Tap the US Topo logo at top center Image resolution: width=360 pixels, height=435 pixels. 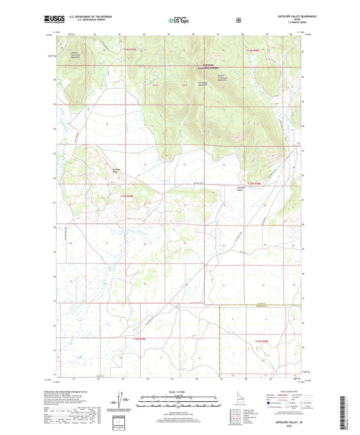pyautogui.click(x=180, y=21)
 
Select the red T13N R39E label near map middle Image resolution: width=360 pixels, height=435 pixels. pyautogui.click(x=131, y=196)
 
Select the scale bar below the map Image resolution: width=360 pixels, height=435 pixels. pyautogui.click(x=180, y=403)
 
